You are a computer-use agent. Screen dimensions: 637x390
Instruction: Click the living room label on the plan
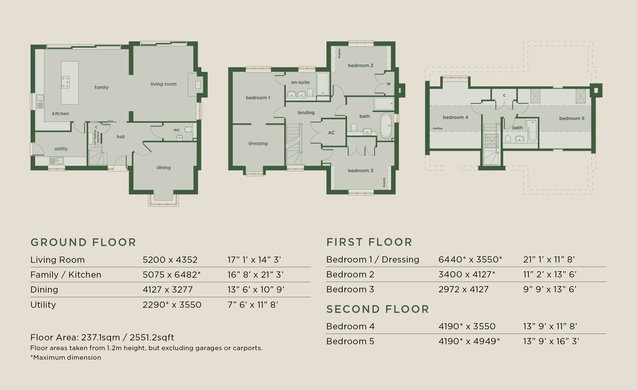[x=163, y=84]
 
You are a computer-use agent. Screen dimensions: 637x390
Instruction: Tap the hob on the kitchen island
[x=65, y=82]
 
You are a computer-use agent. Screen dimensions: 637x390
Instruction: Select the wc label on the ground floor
[x=176, y=130]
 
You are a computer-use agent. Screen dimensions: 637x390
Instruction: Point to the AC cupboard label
[x=331, y=133]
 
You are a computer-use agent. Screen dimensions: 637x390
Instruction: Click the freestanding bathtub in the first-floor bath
[x=386, y=126]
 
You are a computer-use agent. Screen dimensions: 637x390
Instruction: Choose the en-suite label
[x=301, y=82]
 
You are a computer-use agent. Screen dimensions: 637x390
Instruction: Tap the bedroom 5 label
[x=572, y=119]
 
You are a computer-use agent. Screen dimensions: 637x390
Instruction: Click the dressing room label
[x=258, y=144]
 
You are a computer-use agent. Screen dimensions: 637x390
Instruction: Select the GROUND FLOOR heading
[x=83, y=242]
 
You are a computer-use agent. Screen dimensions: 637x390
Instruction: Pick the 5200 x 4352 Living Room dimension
[x=170, y=260]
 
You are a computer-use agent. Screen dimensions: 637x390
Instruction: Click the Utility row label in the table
[x=43, y=305]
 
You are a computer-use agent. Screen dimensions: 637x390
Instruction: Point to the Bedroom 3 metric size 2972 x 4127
[x=464, y=289]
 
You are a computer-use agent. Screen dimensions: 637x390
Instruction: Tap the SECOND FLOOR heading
[x=378, y=309]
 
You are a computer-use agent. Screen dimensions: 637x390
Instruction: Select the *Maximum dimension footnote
[x=66, y=357]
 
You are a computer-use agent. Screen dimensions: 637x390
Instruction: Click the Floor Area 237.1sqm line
[x=102, y=338]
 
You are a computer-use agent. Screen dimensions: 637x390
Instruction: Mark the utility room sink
[x=56, y=161]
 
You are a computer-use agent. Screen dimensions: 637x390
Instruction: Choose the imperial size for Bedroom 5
[x=551, y=341]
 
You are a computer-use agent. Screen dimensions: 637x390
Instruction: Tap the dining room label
[x=163, y=168]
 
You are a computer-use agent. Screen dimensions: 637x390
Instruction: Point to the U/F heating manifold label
[x=96, y=137]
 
